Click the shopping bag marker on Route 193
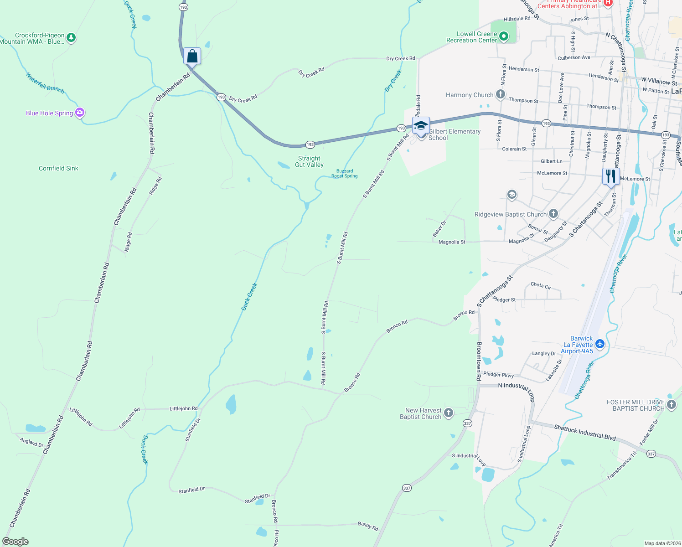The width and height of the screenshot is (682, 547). [192, 57]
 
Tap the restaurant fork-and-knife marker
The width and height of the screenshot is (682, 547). [610, 176]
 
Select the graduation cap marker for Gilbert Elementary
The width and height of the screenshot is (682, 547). [420, 125]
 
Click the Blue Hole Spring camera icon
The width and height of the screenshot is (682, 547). [80, 113]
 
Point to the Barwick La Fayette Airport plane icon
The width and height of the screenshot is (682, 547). [600, 344]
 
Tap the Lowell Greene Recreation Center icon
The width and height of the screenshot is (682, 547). [503, 36]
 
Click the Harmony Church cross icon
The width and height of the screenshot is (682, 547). [501, 95]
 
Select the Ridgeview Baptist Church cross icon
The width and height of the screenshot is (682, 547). [553, 214]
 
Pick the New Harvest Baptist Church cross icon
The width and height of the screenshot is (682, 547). [449, 413]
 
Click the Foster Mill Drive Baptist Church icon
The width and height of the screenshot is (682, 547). [671, 404]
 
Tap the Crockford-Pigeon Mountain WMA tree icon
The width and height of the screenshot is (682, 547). [71, 37]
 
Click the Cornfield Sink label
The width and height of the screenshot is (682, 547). [58, 168]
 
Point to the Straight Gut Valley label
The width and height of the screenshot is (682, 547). [309, 161]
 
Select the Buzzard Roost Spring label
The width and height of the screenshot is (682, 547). [344, 173]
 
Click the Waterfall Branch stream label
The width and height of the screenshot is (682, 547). [45, 83]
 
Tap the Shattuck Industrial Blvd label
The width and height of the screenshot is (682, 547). [585, 432]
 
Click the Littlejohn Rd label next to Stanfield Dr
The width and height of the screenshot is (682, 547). [183, 408]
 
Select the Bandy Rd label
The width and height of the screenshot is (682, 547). [368, 526]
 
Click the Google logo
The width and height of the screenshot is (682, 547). [15, 541]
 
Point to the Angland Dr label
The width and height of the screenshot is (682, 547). [31, 442]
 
